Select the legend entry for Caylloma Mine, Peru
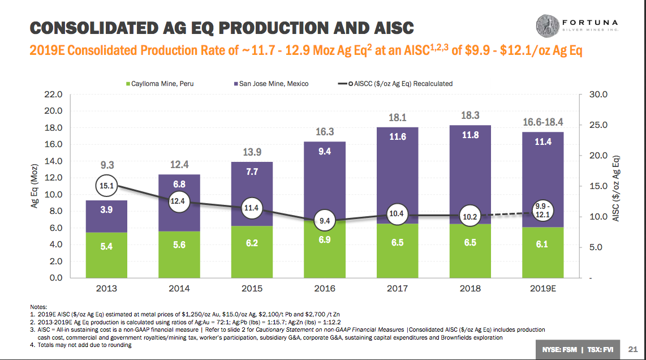coord(161,84)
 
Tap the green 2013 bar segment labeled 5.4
coord(106,255)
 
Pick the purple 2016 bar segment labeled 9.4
coord(324,170)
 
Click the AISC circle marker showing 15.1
coord(106,185)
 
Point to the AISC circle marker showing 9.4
coord(324,221)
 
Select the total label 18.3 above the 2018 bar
coord(470,115)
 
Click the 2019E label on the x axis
coord(542,288)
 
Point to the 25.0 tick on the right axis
coord(598,125)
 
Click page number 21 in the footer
coord(633,348)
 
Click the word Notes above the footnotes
coord(38,306)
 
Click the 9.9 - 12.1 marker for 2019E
coord(542,211)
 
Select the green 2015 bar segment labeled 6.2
coord(252,252)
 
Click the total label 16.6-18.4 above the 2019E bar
coord(542,123)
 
